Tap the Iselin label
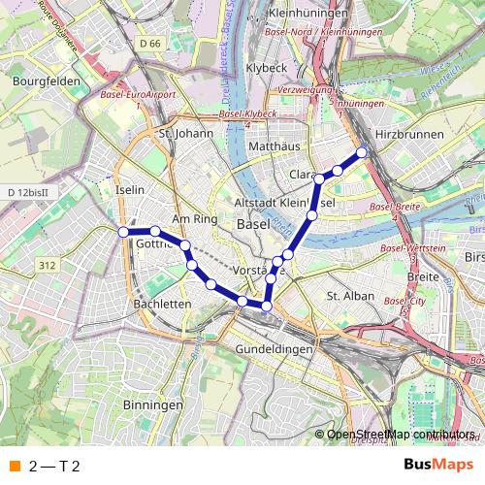click(129, 191)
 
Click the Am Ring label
click(193, 219)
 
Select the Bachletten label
click(162, 304)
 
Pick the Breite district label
click(423, 276)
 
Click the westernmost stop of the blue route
click(123, 232)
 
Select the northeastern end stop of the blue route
click(362, 151)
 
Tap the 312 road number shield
click(47, 264)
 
